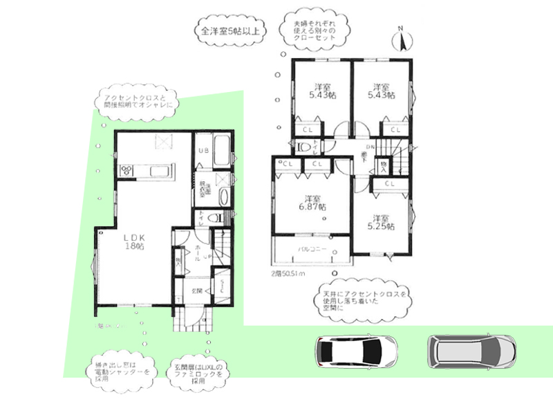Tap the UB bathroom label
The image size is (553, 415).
coord(204,151)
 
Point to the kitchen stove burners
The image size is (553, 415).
coord(129,170)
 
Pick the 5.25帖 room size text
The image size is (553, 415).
coord(382,225)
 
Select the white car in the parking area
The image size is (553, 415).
coord(355,351)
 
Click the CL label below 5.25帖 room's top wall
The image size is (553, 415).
coord(389,184)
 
